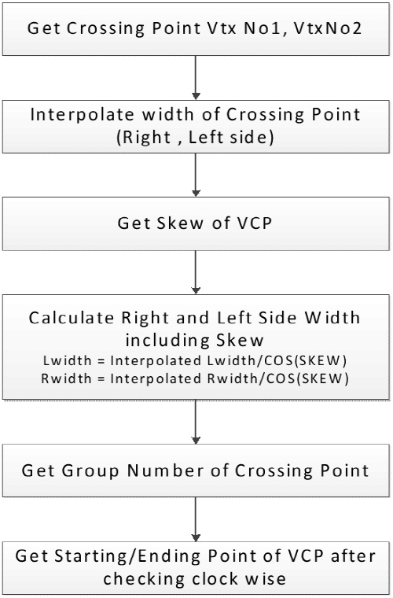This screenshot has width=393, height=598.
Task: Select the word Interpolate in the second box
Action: tap(83, 114)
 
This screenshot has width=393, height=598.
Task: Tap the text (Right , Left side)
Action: tap(196, 137)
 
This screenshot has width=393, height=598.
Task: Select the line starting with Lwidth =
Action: tap(195, 361)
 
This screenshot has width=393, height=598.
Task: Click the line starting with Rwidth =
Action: tap(195, 378)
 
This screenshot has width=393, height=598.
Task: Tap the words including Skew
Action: tap(195, 340)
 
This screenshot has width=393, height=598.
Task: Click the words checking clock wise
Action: tap(195, 579)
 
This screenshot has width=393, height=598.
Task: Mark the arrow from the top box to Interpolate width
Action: tap(196, 78)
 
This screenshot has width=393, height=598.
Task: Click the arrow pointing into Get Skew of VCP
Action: tap(196, 175)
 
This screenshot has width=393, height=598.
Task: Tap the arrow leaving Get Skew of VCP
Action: tap(196, 272)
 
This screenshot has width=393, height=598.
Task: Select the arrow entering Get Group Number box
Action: tap(196, 422)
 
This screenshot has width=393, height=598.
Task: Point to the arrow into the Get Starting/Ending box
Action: tap(196, 519)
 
